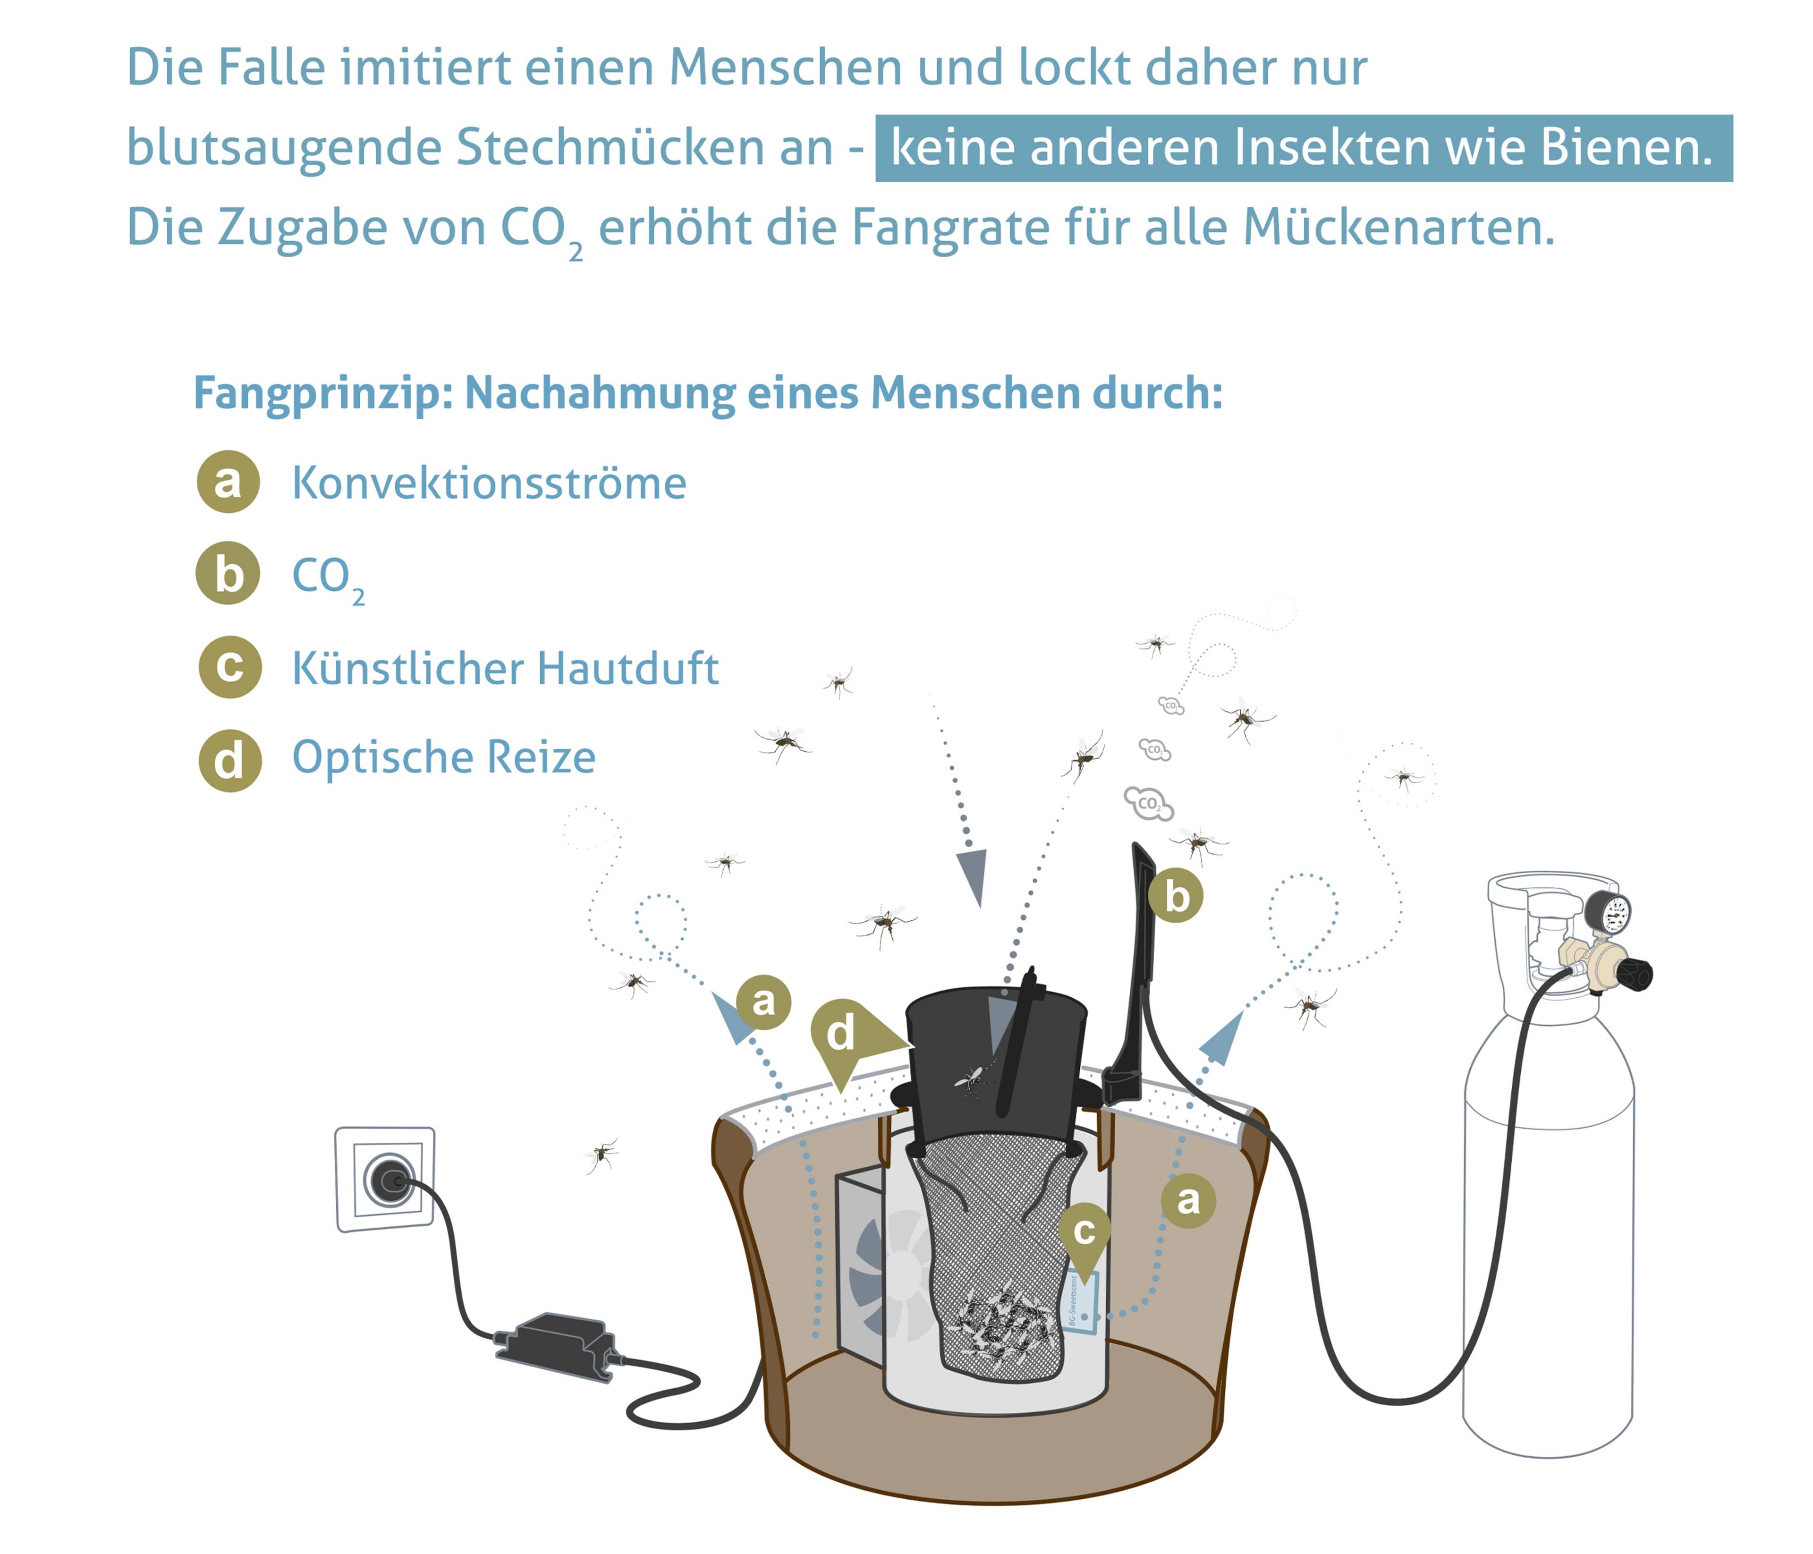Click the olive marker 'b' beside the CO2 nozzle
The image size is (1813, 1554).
[1176, 897]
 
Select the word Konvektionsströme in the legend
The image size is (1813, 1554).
[489, 483]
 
